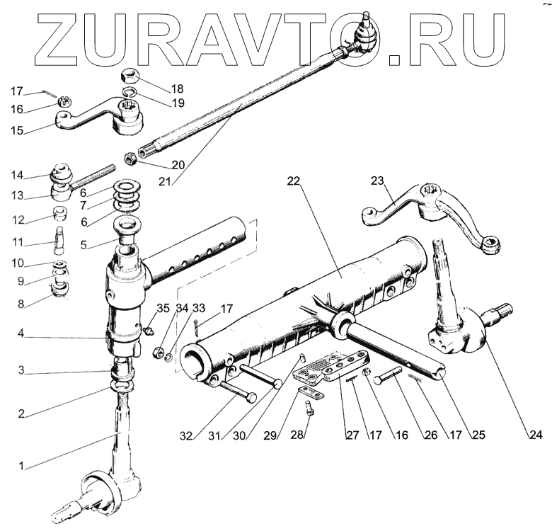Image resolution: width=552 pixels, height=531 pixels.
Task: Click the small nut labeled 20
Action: coord(131,157)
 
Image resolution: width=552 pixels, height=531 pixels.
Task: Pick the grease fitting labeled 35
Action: coord(147,330)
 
